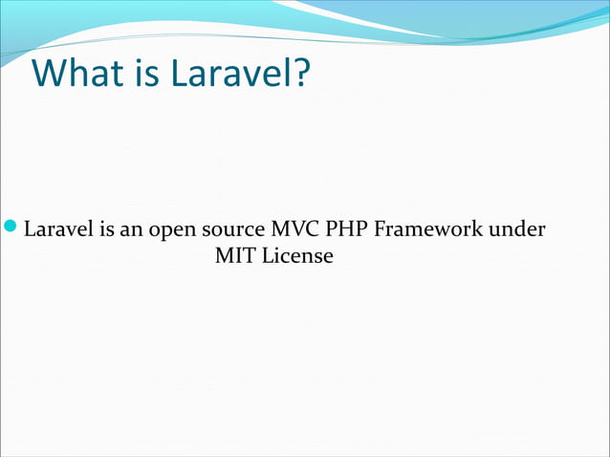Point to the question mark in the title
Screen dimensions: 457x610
click(x=300, y=73)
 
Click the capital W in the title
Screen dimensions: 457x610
click(x=49, y=73)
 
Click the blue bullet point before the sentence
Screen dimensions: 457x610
click(x=11, y=229)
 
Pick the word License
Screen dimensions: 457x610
click(x=297, y=257)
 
